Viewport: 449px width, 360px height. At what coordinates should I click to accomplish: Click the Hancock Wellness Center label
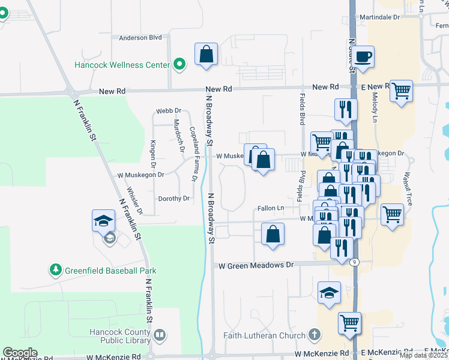(122, 64)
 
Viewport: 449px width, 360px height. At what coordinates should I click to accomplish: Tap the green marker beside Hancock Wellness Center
(179, 64)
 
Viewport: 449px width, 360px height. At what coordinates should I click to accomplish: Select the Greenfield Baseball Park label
(110, 271)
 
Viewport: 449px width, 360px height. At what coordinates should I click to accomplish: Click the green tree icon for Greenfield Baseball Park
(56, 270)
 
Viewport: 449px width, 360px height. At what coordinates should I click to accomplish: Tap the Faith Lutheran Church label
(265, 335)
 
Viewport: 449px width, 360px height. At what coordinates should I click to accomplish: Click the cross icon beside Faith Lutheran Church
(314, 334)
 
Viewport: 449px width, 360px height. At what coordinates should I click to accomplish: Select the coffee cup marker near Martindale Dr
(363, 58)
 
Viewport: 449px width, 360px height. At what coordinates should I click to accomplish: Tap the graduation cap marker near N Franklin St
(103, 220)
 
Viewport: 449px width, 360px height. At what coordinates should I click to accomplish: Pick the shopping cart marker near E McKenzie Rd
(349, 323)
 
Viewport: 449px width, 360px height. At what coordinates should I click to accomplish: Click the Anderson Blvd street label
(140, 38)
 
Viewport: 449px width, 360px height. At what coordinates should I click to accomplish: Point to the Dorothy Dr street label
(173, 199)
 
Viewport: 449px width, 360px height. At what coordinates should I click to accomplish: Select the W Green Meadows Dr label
(256, 265)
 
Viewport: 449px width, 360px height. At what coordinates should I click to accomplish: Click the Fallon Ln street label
(271, 208)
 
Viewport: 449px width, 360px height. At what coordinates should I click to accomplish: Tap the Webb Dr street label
(169, 111)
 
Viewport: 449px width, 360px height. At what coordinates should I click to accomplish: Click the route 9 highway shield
(354, 262)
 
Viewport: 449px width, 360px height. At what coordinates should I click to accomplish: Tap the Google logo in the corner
(20, 353)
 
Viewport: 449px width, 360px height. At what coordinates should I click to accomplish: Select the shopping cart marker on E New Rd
(400, 92)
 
